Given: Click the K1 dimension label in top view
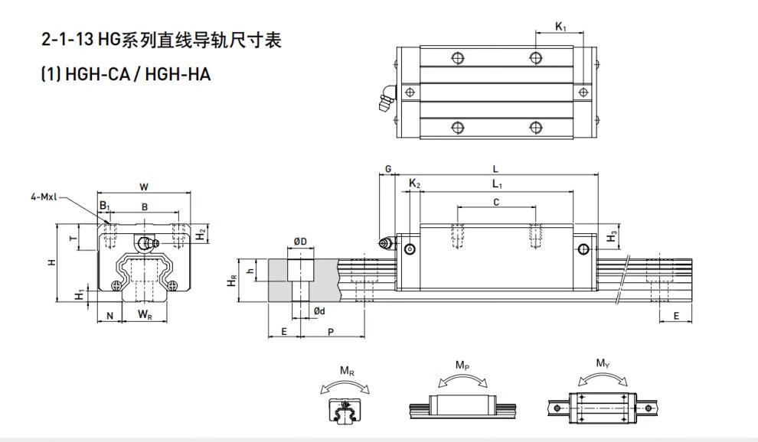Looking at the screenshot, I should pyautogui.click(x=560, y=28).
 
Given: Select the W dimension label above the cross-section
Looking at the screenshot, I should pyautogui.click(x=144, y=186).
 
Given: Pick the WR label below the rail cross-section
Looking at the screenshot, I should pyautogui.click(x=144, y=315).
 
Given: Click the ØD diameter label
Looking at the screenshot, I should pyautogui.click(x=300, y=242).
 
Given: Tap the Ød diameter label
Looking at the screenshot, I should pyautogui.click(x=319, y=310).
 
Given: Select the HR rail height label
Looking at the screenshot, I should pyautogui.click(x=232, y=282).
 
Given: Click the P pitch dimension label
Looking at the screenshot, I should pyautogui.click(x=330, y=331).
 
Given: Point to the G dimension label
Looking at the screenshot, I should pyautogui.click(x=387, y=168).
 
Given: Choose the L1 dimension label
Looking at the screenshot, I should pyautogui.click(x=496, y=184).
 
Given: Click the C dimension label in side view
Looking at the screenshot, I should pyautogui.click(x=495, y=202).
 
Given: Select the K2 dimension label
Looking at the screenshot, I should pyautogui.click(x=414, y=184).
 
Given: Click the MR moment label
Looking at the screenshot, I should pyautogui.click(x=346, y=371).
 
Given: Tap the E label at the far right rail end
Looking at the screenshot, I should pyautogui.click(x=676, y=316).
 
